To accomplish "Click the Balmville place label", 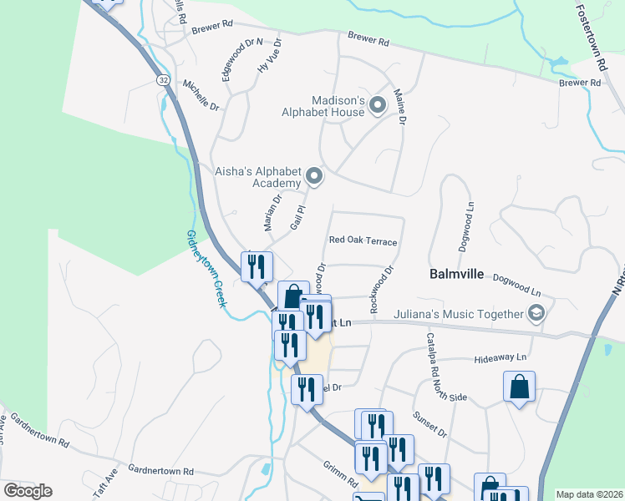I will (456, 273).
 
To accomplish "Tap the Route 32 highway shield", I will (162, 79).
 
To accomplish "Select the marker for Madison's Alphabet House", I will (377, 105).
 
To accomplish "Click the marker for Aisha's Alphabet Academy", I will (314, 175).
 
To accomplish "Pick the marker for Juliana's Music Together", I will (536, 315).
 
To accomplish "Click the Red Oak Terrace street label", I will (363, 240).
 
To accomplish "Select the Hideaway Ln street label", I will (501, 357).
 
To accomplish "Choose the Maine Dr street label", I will (399, 108).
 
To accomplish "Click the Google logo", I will (28, 491).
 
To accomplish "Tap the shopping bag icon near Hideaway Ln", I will (519, 387).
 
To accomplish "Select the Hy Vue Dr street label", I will (270, 56).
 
